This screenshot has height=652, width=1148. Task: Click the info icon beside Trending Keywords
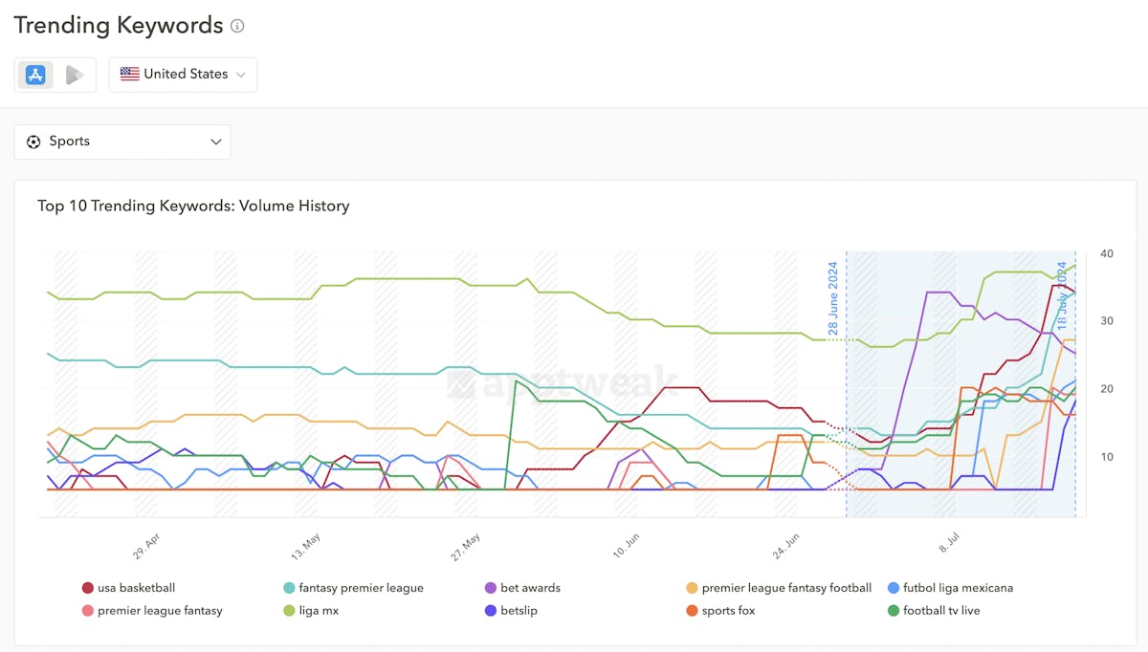[237, 26]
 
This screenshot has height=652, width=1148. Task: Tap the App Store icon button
[35, 75]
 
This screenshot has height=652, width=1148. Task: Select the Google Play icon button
[75, 75]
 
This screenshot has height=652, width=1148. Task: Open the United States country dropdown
[183, 75]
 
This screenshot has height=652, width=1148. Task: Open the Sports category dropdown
[122, 141]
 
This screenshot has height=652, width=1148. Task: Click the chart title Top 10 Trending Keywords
[193, 206]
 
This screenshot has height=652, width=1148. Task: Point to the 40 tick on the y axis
[1107, 253]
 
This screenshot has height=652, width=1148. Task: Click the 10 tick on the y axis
[1106, 456]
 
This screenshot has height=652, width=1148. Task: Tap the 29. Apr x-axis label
[146, 546]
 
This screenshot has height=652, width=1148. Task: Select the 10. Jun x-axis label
[628, 546]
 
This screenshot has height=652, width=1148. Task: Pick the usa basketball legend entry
[136, 588]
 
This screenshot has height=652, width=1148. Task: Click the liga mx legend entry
[319, 611]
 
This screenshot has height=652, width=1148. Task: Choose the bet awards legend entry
[530, 588]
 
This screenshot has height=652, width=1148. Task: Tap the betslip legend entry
[519, 611]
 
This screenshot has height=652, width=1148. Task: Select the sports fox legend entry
[728, 611]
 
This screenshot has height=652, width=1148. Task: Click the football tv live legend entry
[941, 611]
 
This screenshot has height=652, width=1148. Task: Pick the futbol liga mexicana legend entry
[958, 588]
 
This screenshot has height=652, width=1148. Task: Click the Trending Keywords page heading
[119, 26]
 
